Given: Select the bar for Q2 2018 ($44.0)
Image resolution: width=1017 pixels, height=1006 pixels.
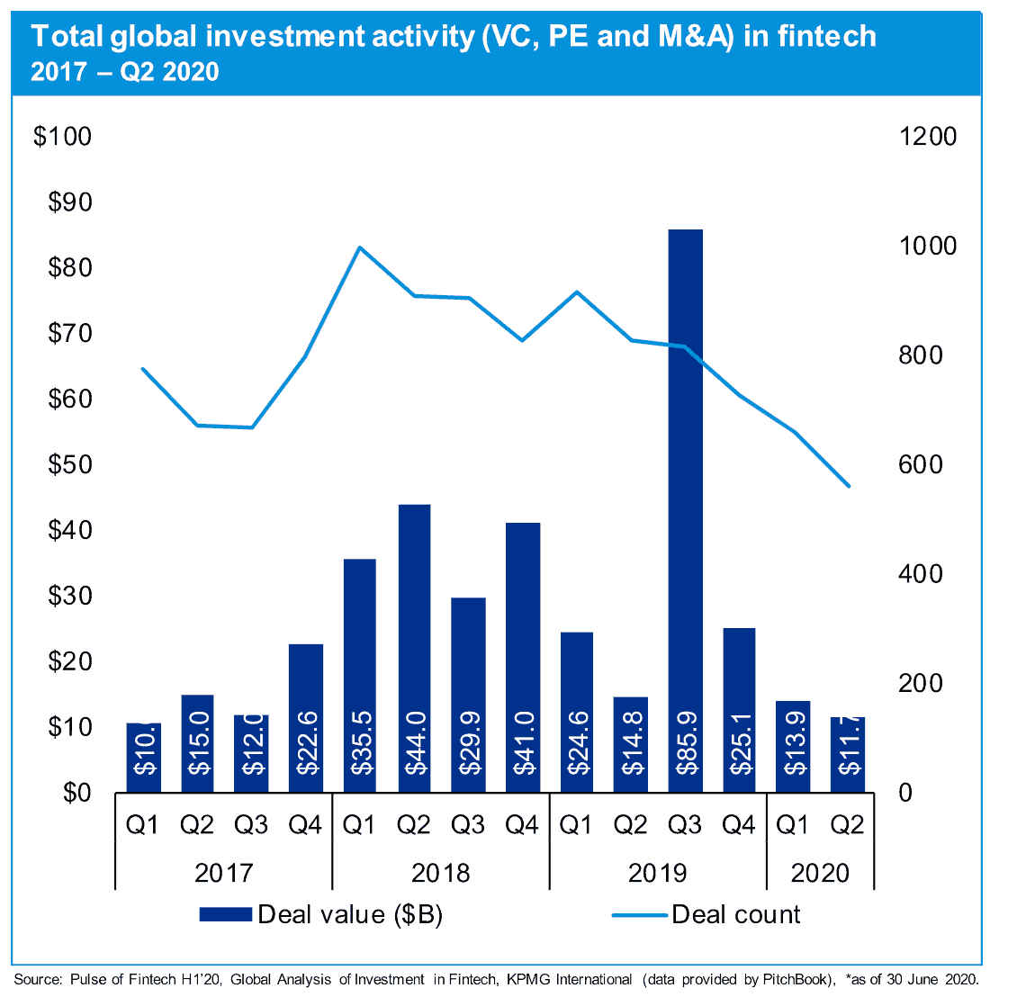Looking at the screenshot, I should (x=414, y=648).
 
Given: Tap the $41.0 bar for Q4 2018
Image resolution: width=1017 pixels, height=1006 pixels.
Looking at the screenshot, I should (x=522, y=657).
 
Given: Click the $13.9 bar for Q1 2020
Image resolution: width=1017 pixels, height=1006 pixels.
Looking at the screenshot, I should (x=793, y=746).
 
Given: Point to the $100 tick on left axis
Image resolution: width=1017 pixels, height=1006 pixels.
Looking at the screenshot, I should (x=62, y=137).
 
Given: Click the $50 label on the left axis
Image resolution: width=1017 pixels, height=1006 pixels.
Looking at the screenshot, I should (x=69, y=465).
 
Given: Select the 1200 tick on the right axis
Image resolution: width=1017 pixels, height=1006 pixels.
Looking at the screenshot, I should (x=928, y=137).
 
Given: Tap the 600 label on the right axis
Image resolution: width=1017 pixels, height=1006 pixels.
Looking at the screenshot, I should (x=920, y=465).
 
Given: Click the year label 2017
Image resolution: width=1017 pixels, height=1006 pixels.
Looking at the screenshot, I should (x=223, y=873).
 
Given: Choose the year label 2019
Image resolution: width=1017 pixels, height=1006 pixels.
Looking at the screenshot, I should (x=657, y=873).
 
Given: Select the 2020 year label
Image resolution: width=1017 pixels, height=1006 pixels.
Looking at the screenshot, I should (x=820, y=873).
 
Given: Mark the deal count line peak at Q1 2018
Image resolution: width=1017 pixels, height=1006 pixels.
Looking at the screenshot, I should (x=359, y=247).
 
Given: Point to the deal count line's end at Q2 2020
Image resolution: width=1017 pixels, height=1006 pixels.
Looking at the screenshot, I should (x=848, y=486).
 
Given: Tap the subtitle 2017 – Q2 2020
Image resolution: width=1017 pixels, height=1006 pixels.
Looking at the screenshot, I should (x=125, y=72).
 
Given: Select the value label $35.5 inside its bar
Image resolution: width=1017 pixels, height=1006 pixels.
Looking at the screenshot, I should (x=360, y=742).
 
